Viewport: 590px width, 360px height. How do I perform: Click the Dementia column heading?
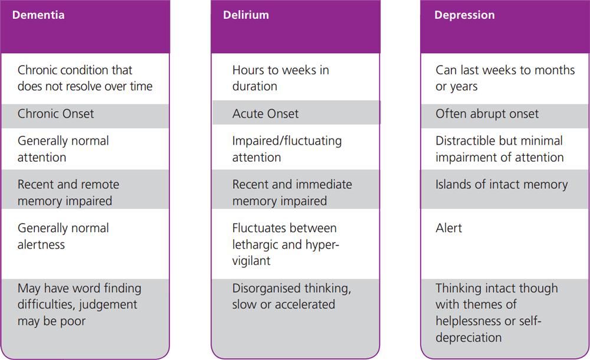click(38, 15)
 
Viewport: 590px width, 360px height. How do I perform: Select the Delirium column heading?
click(245, 15)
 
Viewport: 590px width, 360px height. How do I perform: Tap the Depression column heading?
click(464, 15)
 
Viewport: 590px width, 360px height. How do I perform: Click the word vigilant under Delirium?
click(251, 261)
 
